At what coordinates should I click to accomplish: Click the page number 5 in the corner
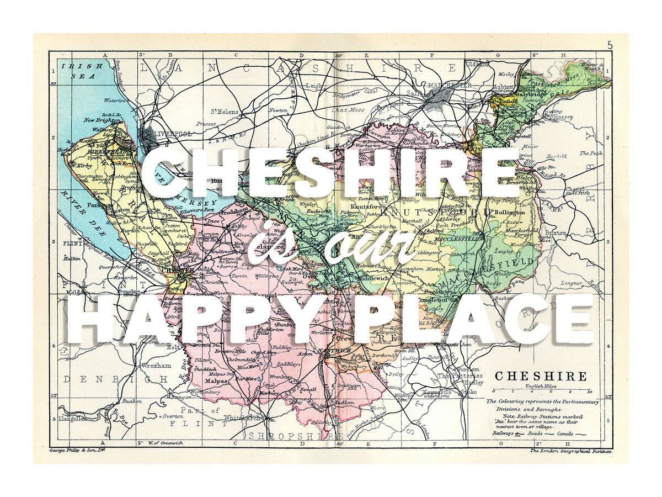[x=610, y=46]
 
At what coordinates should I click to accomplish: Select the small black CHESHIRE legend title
[x=541, y=377]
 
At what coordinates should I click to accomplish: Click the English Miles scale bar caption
[x=541, y=387]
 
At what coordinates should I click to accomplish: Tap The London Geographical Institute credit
[x=570, y=451]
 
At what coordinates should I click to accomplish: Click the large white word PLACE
[x=469, y=320]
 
